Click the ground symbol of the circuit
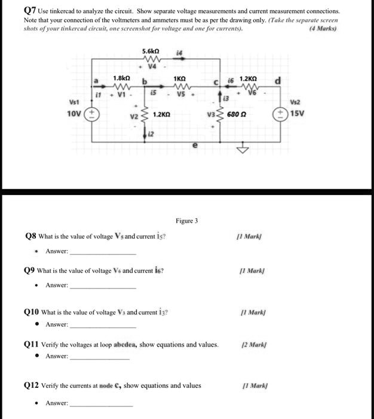click(x=242, y=150)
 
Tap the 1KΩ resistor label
click(x=179, y=78)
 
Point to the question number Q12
click(x=32, y=385)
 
